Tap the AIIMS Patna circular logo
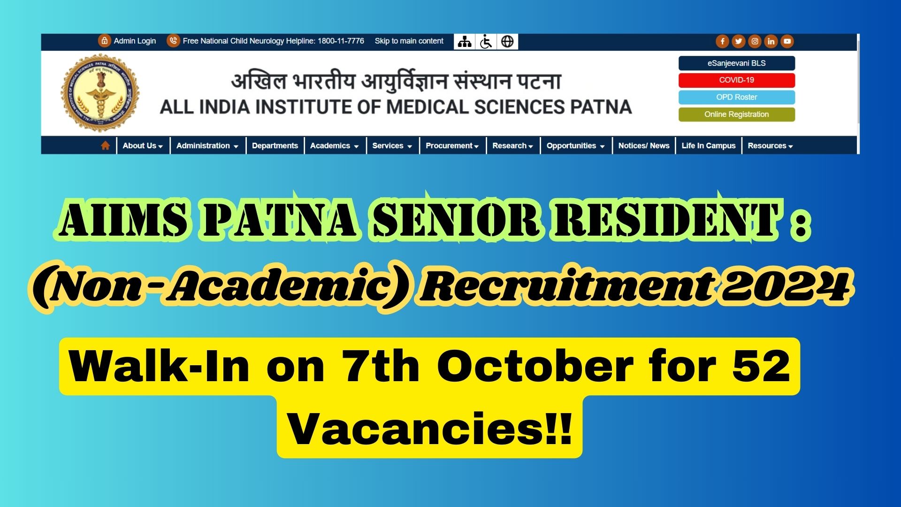[100, 93]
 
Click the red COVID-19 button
[736, 80]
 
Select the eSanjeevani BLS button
[736, 63]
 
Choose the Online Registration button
[736, 115]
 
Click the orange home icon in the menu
[105, 146]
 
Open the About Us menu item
[142, 146]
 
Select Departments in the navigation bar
[275, 146]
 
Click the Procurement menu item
[451, 146]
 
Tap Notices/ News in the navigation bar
[643, 146]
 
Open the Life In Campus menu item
[708, 146]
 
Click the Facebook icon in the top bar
[722, 41]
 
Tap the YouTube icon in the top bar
[787, 41]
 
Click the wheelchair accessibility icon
[486, 42]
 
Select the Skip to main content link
[409, 41]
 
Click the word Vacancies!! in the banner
[429, 428]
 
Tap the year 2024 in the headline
[786, 286]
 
